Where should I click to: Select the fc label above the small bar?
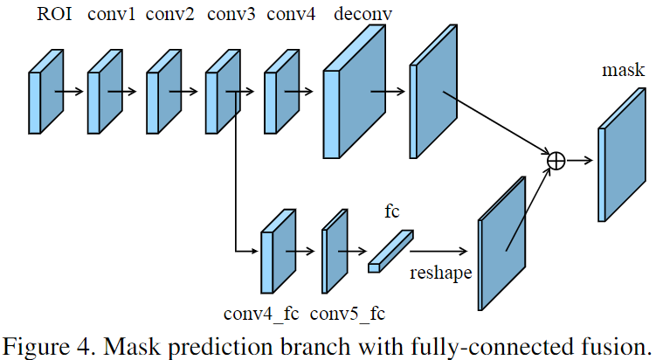tap(392, 211)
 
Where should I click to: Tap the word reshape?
tap(441, 273)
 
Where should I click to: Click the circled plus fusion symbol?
tap(556, 160)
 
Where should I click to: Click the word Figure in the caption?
tap(36, 343)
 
